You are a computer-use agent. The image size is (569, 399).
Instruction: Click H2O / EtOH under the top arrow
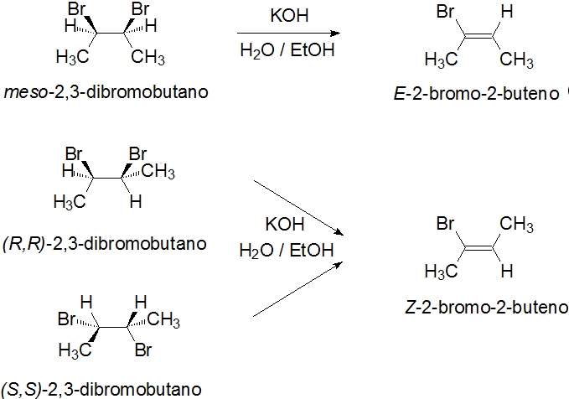click(x=287, y=51)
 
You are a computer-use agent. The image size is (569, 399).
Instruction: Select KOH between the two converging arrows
click(x=286, y=225)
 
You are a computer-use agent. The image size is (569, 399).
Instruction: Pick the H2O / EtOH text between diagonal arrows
click(x=287, y=250)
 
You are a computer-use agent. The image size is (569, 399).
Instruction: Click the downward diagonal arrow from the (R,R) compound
click(x=300, y=206)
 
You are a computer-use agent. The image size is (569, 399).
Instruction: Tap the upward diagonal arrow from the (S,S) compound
click(x=300, y=288)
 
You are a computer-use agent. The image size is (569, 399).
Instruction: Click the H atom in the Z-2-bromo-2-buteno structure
click(x=505, y=271)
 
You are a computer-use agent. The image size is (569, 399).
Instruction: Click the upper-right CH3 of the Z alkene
click(x=517, y=225)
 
